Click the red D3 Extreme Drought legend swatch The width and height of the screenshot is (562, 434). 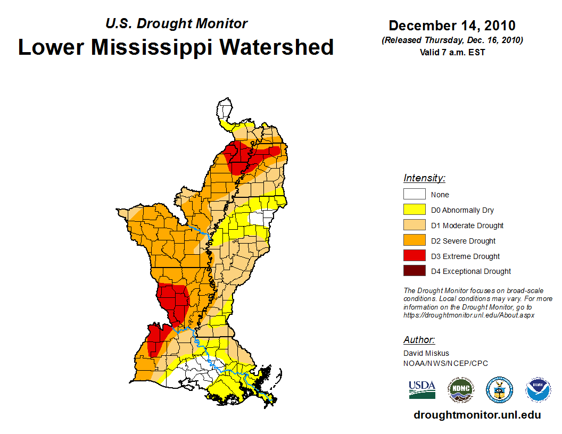coord(414,255)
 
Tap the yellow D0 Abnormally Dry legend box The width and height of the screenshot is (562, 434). coord(414,210)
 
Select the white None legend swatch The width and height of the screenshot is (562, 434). coord(414,194)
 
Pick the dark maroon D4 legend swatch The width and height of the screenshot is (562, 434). coord(414,271)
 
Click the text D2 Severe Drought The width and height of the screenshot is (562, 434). coord(463,241)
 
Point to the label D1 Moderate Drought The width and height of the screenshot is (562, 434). coord(467,226)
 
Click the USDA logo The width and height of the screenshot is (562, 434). coord(422,389)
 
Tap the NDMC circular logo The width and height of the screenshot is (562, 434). coord(460,389)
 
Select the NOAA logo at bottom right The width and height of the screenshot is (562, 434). coord(539,389)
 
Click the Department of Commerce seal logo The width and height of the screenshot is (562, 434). coord(499,389)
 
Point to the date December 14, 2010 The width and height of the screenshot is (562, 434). coord(452,26)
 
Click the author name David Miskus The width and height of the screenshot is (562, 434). coord(426,353)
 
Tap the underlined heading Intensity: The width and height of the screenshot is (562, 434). coord(424,178)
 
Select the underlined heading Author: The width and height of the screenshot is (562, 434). coord(419,340)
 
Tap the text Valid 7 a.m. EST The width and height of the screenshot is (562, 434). coord(452,52)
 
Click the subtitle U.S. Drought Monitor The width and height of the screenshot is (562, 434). coord(177,24)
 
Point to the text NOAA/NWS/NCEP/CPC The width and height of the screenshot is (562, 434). coord(445,363)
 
